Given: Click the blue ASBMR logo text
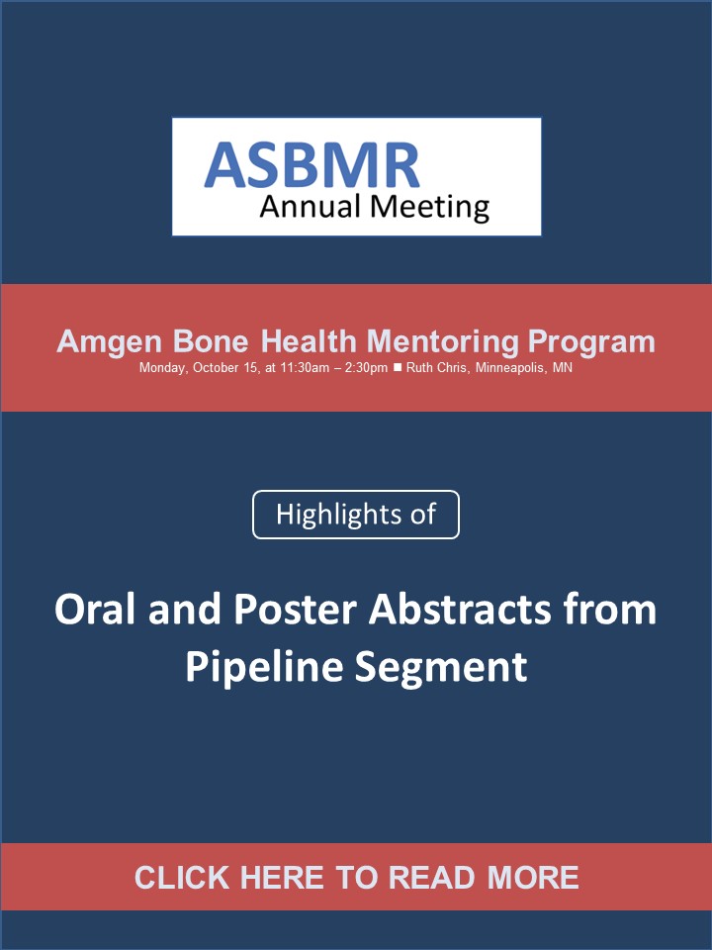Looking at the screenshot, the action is pos(311,165).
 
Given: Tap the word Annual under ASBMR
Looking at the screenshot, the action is pos(310,206).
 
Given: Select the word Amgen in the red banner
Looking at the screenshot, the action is pos(110,342).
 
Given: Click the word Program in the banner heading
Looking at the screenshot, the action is pos(591,342).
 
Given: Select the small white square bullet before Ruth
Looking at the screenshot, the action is pos(398,367).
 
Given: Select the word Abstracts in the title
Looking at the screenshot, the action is pos(460,609).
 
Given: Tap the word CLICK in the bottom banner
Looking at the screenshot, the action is pos(182,878).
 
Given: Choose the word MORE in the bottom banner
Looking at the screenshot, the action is pos(533,878).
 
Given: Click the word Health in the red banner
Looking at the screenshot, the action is pos(309,341).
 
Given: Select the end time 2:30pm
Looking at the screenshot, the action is pos(366,368).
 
